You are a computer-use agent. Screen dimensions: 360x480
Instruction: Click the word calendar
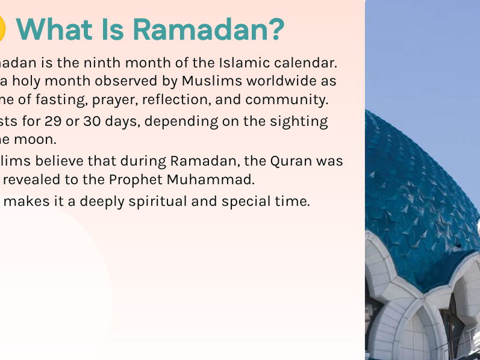click(305, 62)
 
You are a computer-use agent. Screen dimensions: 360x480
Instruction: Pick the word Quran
click(295, 161)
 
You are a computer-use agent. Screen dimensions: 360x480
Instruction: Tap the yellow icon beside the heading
click(2, 29)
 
